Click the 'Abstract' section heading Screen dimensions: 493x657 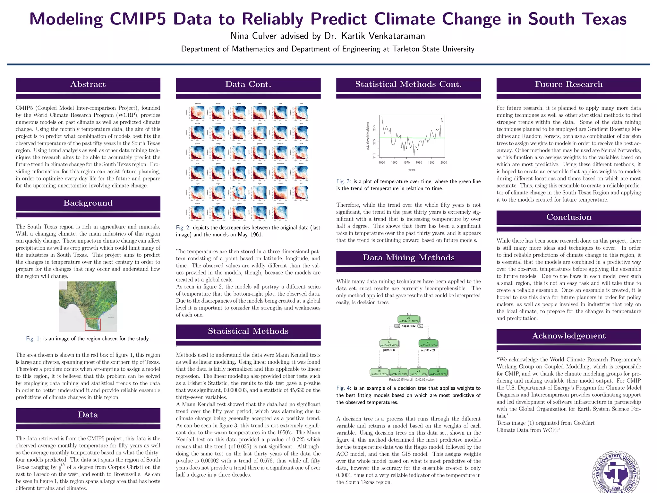[x=88, y=84]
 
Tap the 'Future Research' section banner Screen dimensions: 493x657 [x=568, y=84]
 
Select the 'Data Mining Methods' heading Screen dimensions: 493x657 [x=408, y=258]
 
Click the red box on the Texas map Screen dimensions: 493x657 [x=93, y=324]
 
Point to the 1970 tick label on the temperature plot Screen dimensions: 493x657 [x=406, y=163]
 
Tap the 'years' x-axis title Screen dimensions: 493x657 [x=412, y=169]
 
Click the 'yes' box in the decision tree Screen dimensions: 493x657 [x=397, y=326]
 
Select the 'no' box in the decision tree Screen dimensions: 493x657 [x=420, y=326]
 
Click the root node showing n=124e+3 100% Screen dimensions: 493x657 [x=409, y=319]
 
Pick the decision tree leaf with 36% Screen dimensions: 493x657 [x=438, y=372]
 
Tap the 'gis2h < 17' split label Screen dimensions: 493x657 [x=389, y=350]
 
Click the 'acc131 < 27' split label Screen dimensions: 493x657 [x=428, y=350]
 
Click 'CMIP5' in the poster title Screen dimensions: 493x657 [x=138, y=19]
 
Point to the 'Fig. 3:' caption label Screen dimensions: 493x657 [x=344, y=182]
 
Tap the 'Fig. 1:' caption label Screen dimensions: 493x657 [x=33, y=339]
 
